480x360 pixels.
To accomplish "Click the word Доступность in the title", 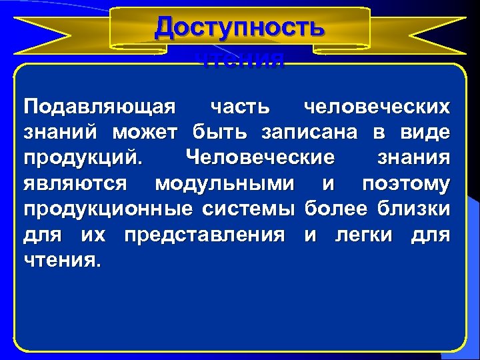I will click(240, 28).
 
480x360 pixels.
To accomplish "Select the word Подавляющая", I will click(99, 107).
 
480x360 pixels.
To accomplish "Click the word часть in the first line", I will click(240, 107).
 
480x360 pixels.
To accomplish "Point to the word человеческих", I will click(376, 107).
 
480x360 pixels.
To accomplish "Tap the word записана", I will click(311, 133).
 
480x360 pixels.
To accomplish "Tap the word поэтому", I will click(405, 183).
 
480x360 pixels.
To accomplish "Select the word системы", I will click(250, 209).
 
